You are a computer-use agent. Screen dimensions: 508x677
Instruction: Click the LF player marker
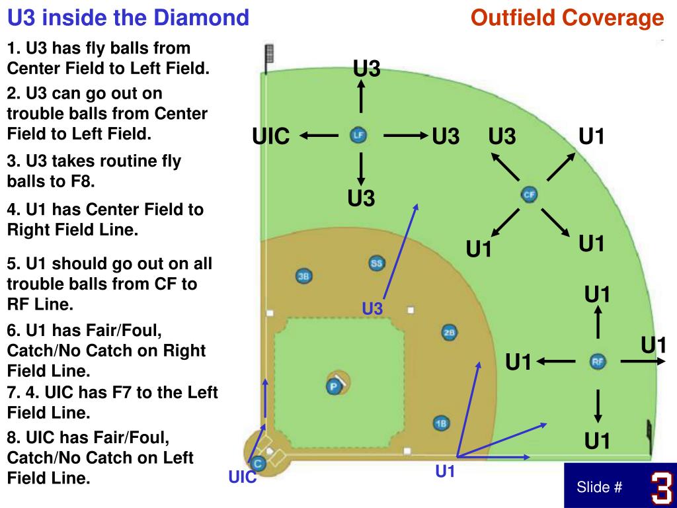pyautogui.click(x=358, y=136)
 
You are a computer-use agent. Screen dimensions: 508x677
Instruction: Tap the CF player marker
pyautogui.click(x=529, y=194)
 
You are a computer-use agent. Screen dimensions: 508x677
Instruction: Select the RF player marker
pyautogui.click(x=598, y=361)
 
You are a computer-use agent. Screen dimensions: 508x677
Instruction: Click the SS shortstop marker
pyautogui.click(x=376, y=263)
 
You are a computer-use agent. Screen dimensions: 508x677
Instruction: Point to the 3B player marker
pyautogui.click(x=303, y=276)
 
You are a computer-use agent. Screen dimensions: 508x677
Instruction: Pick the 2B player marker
pyautogui.click(x=449, y=333)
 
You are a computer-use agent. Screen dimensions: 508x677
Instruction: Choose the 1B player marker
pyautogui.click(x=441, y=423)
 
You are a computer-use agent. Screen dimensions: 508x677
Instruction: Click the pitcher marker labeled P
pyautogui.click(x=335, y=386)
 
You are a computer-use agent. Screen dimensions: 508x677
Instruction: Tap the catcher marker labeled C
pyautogui.click(x=259, y=464)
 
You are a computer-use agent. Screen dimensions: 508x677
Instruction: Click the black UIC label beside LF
pyautogui.click(x=271, y=137)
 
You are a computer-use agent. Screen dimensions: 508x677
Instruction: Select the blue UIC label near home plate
pyautogui.click(x=242, y=478)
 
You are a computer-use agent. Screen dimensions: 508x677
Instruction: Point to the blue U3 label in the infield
pyautogui.click(x=372, y=308)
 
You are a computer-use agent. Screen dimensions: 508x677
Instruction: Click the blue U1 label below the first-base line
pyautogui.click(x=446, y=472)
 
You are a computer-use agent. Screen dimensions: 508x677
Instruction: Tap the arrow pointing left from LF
pyautogui.click(x=319, y=136)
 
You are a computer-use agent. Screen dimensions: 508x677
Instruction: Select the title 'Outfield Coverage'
pyautogui.click(x=567, y=18)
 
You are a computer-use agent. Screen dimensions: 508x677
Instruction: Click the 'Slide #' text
pyautogui.click(x=600, y=487)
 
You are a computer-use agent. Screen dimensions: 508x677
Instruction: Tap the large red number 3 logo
pyautogui.click(x=660, y=487)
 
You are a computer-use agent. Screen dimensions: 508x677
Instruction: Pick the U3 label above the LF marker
pyautogui.click(x=367, y=68)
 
